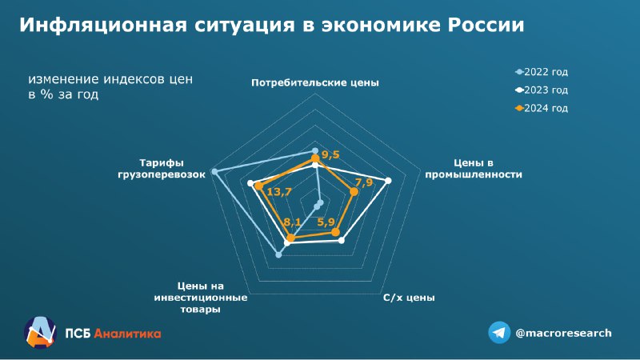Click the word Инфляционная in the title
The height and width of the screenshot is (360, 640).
[103, 25]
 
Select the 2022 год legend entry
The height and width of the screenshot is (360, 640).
[542, 72]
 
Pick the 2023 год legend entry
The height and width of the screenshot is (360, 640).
[542, 90]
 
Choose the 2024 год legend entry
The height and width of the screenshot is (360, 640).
[542, 108]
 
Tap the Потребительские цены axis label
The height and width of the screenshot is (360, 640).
[315, 82]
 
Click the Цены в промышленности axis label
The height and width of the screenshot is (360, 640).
[474, 169]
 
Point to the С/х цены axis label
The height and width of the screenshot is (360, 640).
[409, 298]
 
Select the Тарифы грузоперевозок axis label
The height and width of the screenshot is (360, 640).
[162, 169]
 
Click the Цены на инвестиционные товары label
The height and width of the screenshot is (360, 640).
[201, 297]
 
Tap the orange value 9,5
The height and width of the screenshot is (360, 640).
[330, 154]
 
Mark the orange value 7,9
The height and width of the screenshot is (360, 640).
[364, 182]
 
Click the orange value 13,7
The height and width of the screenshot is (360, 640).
[279, 191]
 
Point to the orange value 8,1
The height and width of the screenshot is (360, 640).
[292, 222]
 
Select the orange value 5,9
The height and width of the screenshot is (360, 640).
[326, 222]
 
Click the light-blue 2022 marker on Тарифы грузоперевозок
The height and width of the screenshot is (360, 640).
[214, 171]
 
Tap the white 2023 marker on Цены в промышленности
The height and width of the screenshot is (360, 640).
[389, 181]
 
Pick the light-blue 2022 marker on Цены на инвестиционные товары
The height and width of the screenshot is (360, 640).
[278, 254]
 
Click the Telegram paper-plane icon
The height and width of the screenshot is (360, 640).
[499, 333]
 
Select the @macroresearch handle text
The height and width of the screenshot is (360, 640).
[564, 333]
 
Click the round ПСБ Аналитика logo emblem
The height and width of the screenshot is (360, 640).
[39, 333]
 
